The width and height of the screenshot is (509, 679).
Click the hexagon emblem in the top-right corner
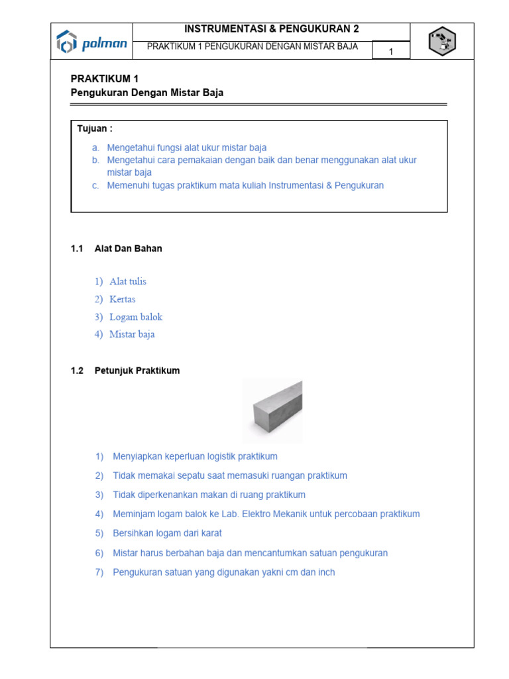coord(441,42)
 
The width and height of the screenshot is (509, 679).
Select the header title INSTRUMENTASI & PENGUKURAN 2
coord(272,29)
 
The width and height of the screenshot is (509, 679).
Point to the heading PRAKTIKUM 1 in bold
coord(105,78)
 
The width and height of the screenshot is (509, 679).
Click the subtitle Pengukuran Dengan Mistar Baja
coord(147,93)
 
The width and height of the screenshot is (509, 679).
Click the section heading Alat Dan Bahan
coord(129,249)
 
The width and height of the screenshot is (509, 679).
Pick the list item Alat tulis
coord(128,282)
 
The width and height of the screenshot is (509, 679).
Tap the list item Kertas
coord(123,299)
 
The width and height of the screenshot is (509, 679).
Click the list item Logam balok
coord(136,317)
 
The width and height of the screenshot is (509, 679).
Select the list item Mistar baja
coord(132,334)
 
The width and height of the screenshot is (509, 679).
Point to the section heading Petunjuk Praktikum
coord(137,371)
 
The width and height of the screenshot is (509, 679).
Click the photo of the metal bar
coord(272,410)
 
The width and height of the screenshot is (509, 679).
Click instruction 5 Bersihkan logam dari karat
coord(167,533)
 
